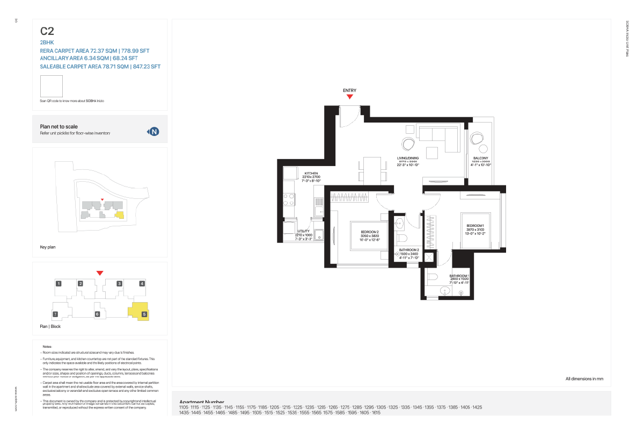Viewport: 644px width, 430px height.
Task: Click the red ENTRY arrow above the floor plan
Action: click(349, 97)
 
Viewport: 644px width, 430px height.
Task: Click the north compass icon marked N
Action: click(154, 131)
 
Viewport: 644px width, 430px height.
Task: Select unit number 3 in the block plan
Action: click(120, 283)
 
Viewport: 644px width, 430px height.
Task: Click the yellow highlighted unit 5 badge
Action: click(144, 314)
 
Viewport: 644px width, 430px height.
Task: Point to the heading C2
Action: click(47, 31)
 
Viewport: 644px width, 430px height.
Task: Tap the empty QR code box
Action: click(52, 86)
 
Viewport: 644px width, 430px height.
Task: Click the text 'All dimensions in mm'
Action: click(584, 379)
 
